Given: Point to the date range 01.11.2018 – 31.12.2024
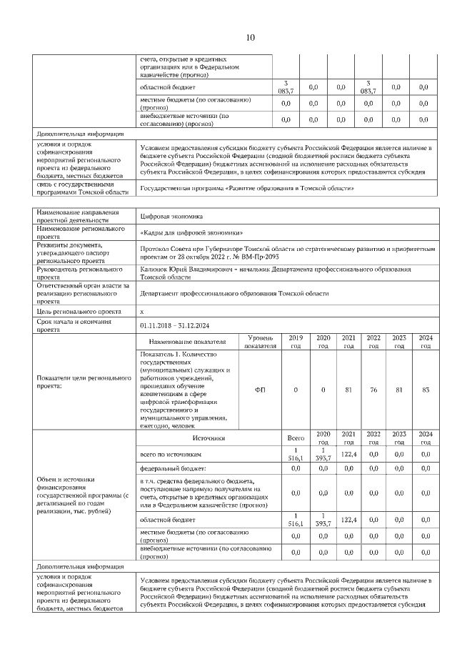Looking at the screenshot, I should (175, 325).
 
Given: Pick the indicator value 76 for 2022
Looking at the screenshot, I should (373, 389).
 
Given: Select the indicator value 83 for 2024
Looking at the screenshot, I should (426, 389).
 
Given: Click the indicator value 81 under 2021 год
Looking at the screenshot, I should (348, 389).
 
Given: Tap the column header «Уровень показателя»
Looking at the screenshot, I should (260, 341).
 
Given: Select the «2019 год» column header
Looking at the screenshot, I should (296, 341).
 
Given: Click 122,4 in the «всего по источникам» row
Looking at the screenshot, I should (348, 454).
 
